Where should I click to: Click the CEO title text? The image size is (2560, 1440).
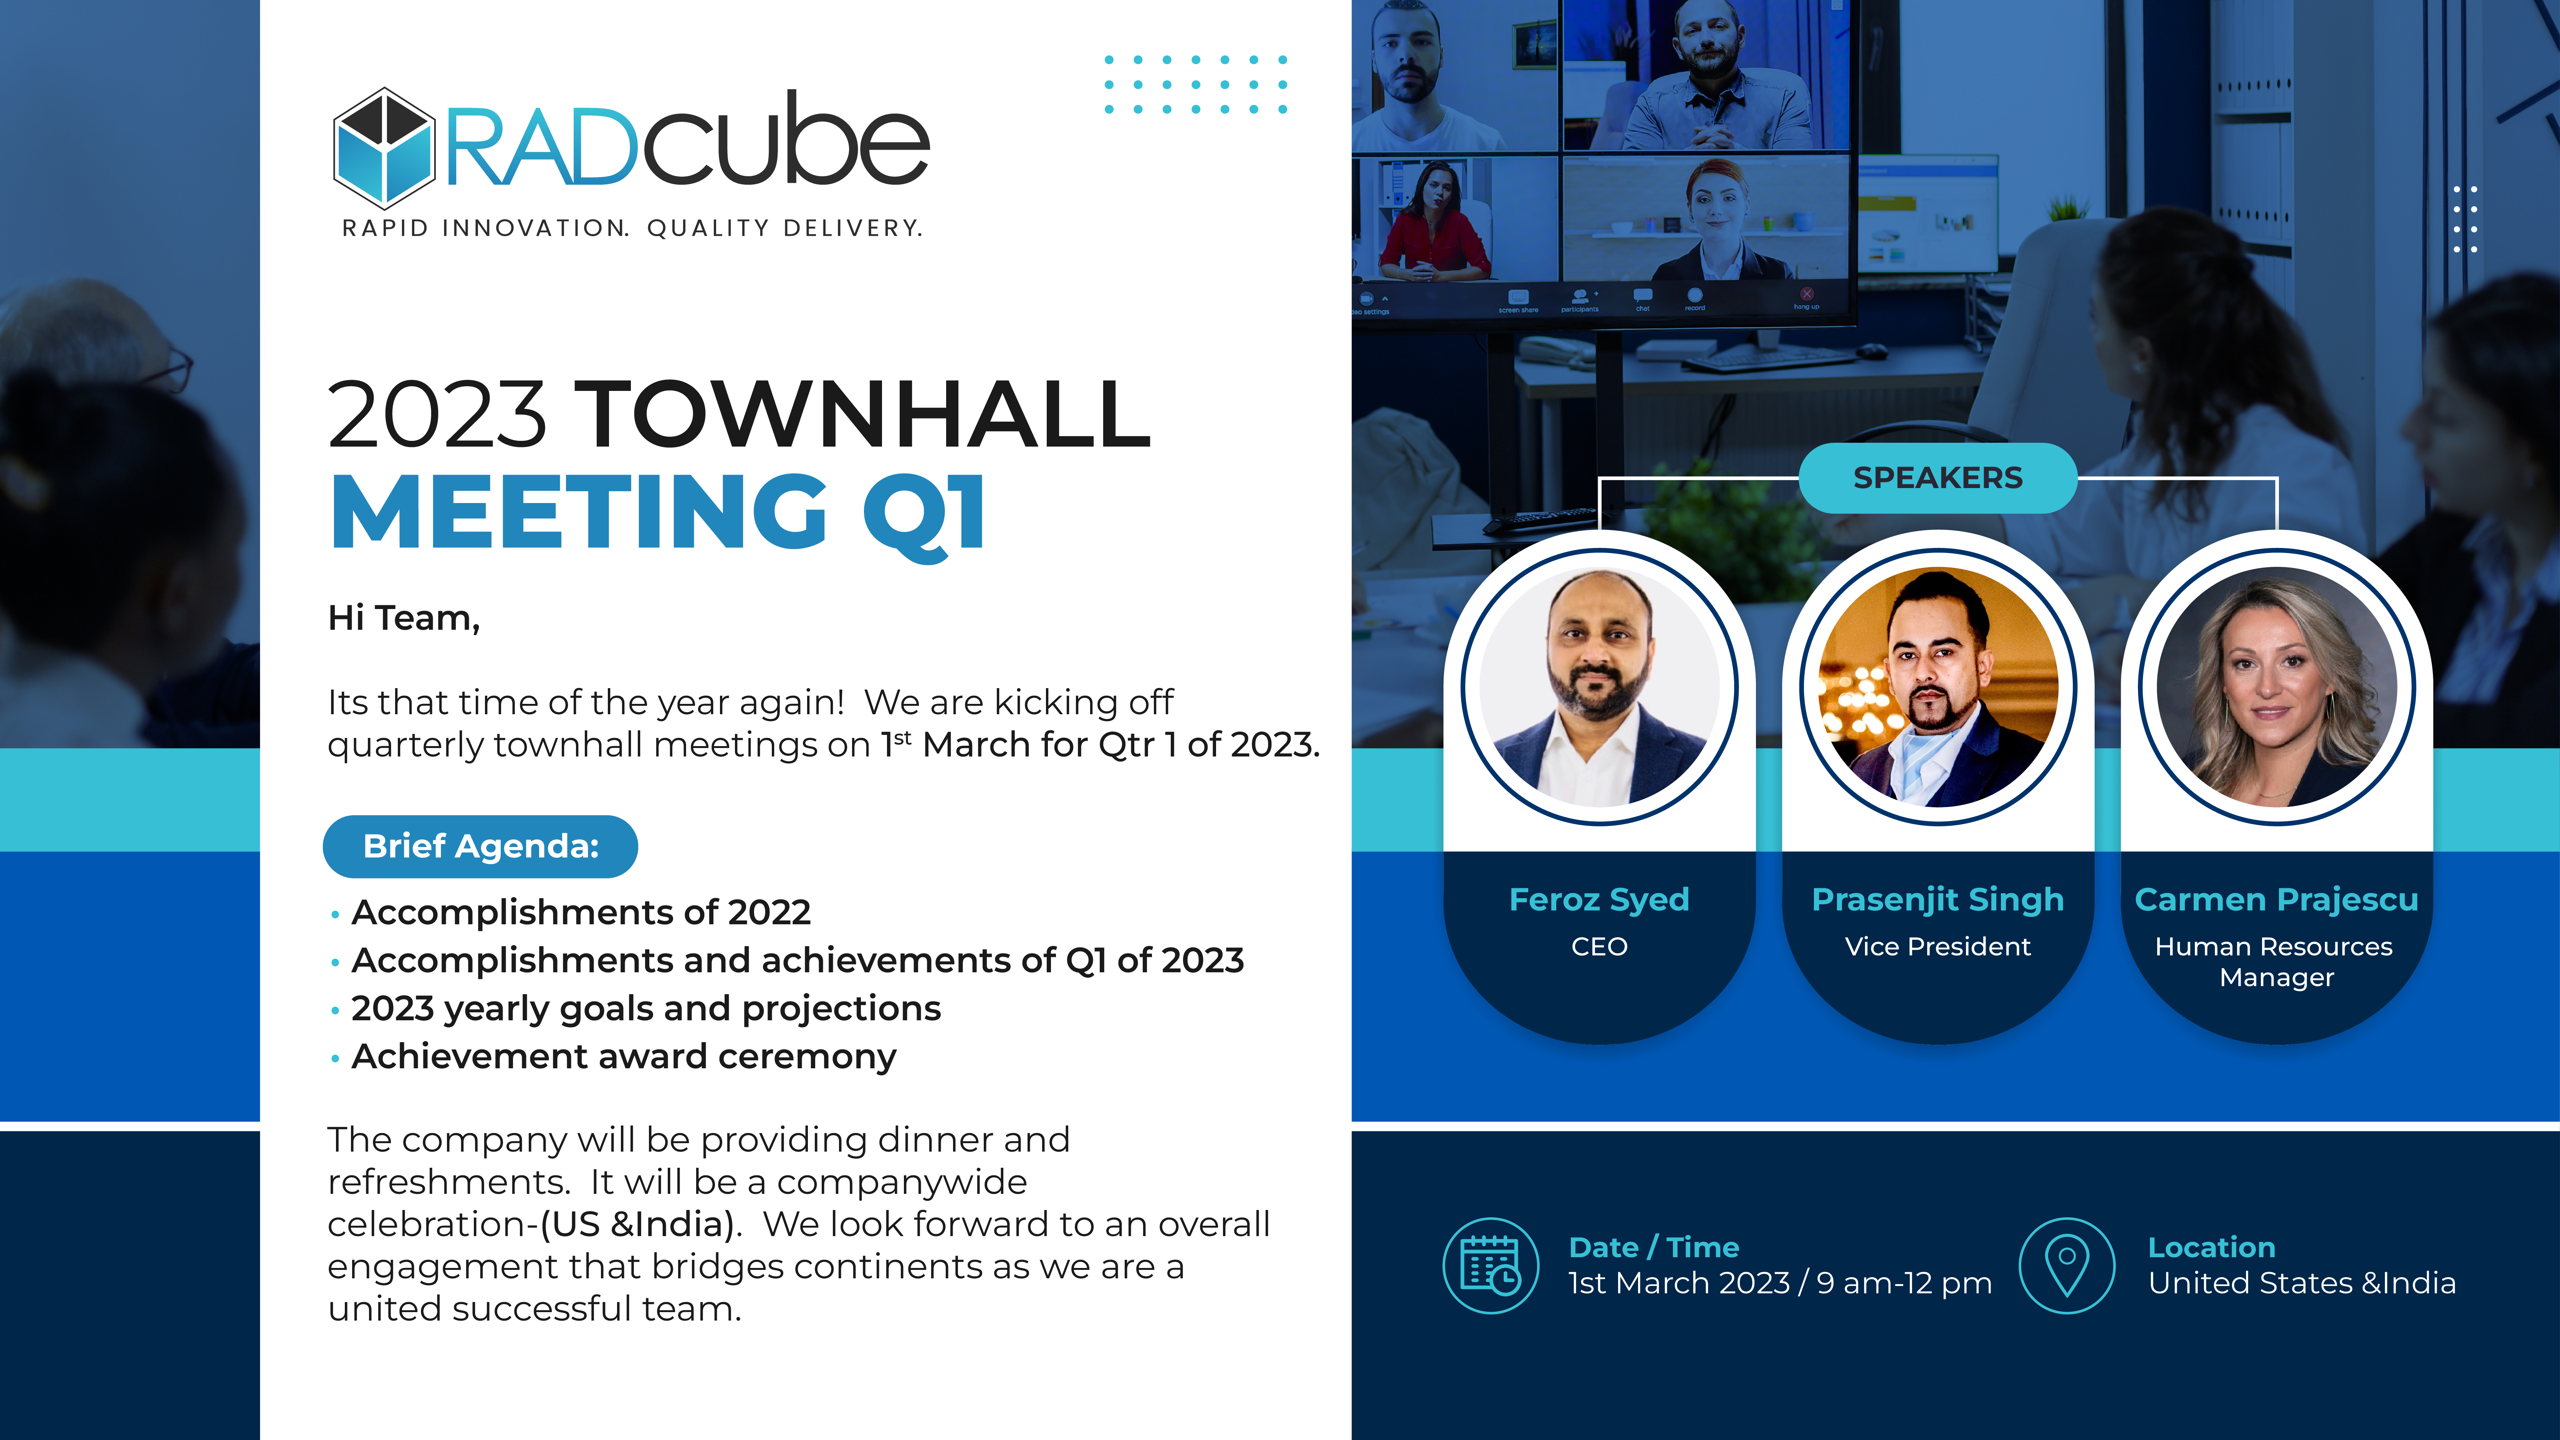click(1599, 946)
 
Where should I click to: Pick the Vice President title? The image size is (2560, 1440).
click(1938, 946)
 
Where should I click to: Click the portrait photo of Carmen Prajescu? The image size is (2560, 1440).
click(2277, 687)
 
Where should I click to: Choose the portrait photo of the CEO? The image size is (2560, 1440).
click(1599, 687)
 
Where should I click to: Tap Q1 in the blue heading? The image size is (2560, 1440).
click(924, 512)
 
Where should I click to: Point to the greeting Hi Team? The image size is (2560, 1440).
click(404, 618)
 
